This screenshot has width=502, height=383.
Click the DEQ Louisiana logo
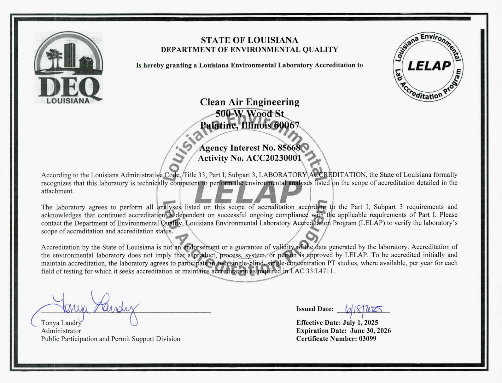point(68,68)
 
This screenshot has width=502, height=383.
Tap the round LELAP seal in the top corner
point(428,66)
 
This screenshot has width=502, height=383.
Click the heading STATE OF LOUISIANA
point(249,40)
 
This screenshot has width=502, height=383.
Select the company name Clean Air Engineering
point(249,102)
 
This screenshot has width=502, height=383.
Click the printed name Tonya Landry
point(61,323)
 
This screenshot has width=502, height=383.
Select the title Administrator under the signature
point(61,331)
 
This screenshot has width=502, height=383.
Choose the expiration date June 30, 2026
point(371,331)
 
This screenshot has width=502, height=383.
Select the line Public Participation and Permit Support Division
point(110,339)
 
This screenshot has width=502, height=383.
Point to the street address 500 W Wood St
point(249,113)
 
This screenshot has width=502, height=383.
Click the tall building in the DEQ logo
point(68,55)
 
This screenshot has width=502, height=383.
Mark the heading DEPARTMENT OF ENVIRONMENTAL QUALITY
point(249,50)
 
